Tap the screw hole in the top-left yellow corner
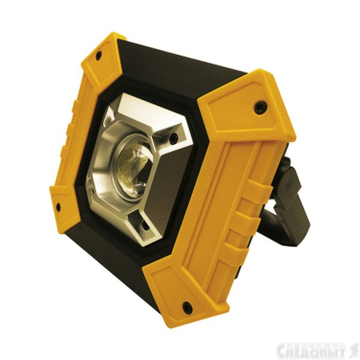tap(99, 55)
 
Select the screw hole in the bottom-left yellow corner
tap(58, 206)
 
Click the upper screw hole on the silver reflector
tap(173, 137)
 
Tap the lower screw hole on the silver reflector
tap(145, 226)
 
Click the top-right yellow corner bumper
tap(248, 103)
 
